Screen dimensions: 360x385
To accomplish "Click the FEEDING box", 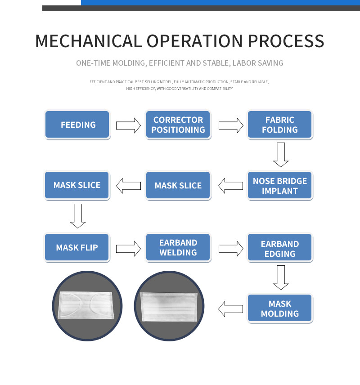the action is (x=77, y=125).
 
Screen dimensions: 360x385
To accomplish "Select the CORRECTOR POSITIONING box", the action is (x=178, y=125).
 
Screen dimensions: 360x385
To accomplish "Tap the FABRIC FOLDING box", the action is (x=279, y=125).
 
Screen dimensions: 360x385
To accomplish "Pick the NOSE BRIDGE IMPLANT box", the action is (x=279, y=185).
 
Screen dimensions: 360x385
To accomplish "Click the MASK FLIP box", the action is (x=77, y=247).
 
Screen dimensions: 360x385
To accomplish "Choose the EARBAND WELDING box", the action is (x=178, y=247).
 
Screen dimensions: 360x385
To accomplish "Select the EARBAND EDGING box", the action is (x=279, y=247).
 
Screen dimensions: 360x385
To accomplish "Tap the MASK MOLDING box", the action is (x=279, y=308).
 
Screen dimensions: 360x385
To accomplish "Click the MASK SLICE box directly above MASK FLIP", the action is (x=77, y=185).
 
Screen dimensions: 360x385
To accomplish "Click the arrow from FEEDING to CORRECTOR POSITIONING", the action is (x=128, y=125).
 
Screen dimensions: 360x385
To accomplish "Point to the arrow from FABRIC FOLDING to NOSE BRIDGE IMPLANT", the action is (x=281, y=155).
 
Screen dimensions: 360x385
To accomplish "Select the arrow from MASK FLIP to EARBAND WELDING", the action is (x=128, y=249).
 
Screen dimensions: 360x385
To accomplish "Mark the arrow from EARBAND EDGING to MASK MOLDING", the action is (x=281, y=278).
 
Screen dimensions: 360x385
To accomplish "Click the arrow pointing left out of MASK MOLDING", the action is (x=230, y=309).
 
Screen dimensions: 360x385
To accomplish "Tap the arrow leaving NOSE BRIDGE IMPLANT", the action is (x=230, y=186).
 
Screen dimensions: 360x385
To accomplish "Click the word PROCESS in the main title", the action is (x=286, y=41).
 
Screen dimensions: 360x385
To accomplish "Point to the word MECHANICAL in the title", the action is (x=89, y=41).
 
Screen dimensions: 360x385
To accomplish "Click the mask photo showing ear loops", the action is (x=87, y=306).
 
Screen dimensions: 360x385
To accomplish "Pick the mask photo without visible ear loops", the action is (x=169, y=306).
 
